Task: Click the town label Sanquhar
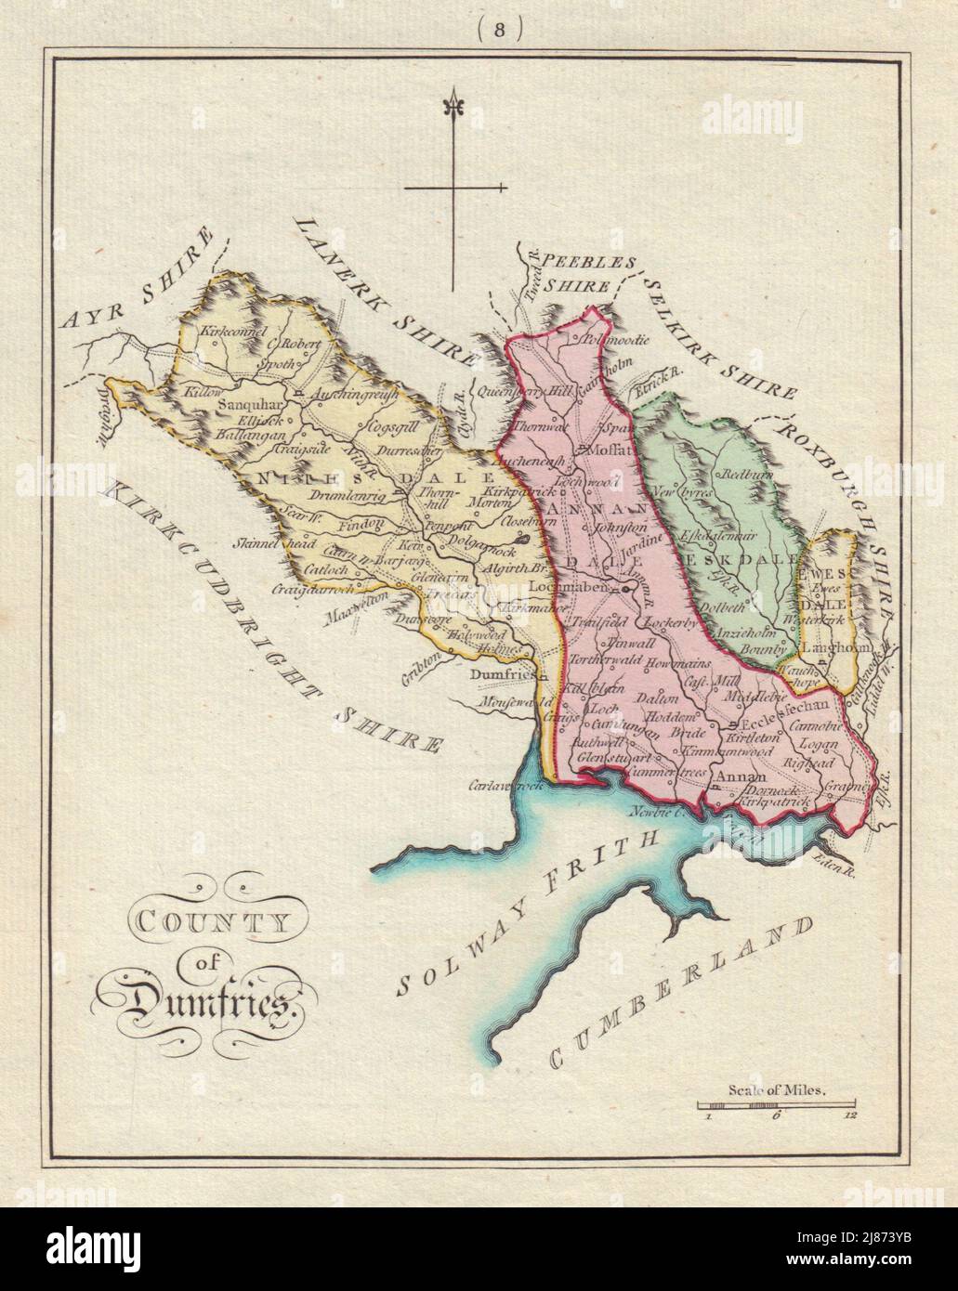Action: point(247,405)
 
